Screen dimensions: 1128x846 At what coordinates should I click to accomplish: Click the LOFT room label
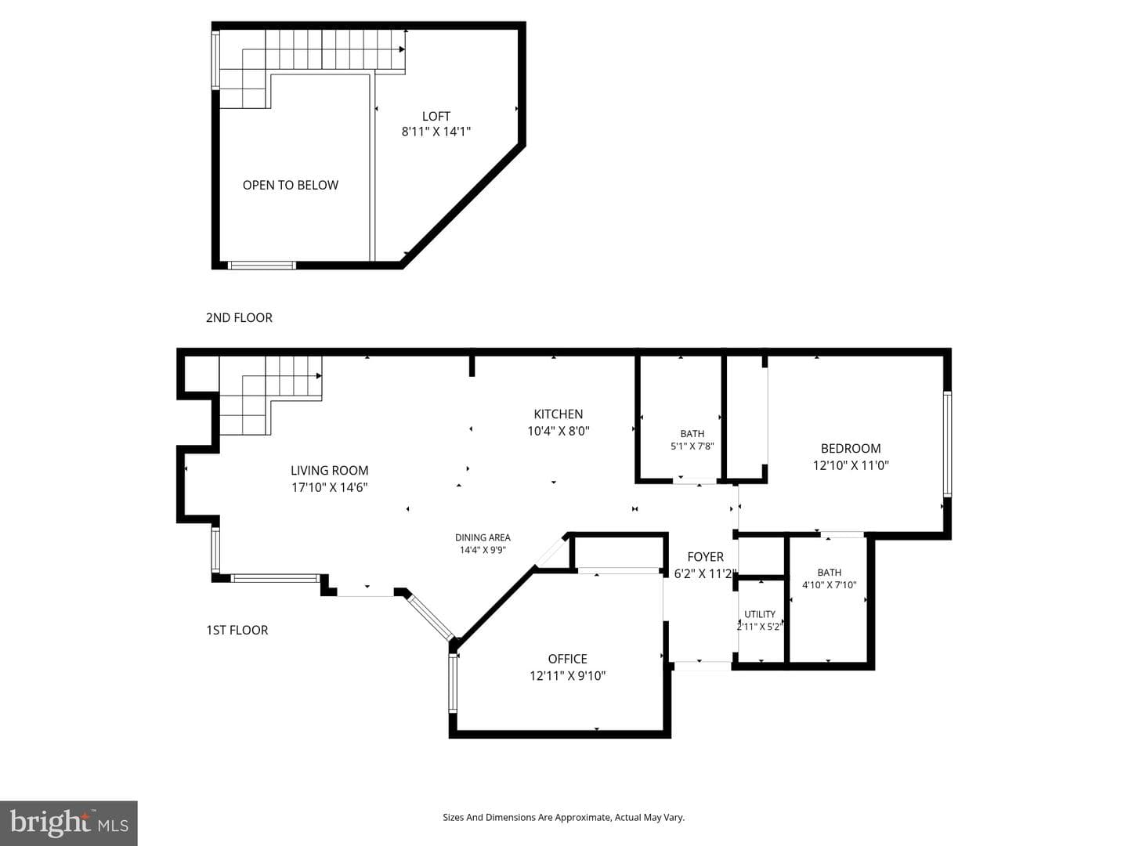point(436,117)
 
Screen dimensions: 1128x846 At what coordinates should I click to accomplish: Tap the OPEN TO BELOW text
point(291,185)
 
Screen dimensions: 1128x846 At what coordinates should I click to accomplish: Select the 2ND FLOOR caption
point(239,317)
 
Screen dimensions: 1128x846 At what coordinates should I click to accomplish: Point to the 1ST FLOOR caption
point(237,630)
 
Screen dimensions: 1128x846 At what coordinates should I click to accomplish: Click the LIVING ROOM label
point(330,470)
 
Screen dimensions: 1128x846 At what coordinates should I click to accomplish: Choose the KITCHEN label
point(558,414)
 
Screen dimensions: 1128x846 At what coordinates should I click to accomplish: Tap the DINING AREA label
point(483,537)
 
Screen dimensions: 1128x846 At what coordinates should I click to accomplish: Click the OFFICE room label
point(567,659)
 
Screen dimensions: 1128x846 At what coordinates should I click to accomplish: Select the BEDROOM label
point(851,448)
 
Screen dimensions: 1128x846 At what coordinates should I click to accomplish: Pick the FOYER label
point(705,556)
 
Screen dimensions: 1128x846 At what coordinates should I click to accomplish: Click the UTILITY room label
point(760,614)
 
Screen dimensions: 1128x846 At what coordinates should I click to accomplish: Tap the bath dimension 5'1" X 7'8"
point(692,446)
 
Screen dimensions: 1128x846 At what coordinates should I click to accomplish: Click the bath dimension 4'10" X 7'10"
point(829,584)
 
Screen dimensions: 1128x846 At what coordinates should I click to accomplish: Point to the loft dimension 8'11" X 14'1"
point(436,132)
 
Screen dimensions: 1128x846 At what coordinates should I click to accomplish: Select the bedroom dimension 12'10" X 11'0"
point(851,465)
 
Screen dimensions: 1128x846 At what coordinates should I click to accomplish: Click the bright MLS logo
point(69,822)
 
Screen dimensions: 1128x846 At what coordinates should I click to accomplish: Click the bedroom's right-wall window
point(947,444)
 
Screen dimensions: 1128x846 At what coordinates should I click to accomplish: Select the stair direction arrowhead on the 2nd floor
point(402,49)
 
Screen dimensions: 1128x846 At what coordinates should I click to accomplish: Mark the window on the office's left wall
point(453,682)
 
